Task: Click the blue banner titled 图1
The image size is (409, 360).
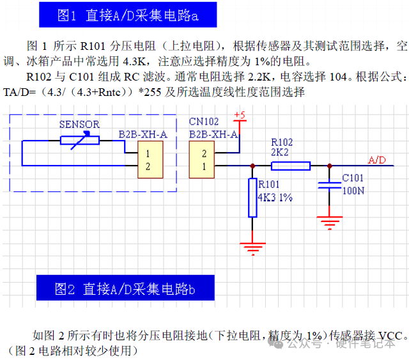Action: tap(128, 15)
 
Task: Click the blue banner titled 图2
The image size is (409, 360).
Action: tap(125, 288)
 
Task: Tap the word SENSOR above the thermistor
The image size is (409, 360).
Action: tap(79, 124)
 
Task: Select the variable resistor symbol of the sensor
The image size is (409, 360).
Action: tap(80, 140)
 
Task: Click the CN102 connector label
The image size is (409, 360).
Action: tap(204, 121)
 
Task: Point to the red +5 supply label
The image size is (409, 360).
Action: tap(240, 116)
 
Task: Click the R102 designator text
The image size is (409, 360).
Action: tap(282, 142)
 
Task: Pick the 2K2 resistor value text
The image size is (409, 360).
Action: tap(280, 152)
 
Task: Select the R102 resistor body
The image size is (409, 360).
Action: tap(291, 166)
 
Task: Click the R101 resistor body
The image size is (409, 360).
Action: tap(253, 198)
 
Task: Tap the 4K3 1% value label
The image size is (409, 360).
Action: tap(275, 198)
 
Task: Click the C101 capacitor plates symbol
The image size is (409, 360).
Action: tap(329, 185)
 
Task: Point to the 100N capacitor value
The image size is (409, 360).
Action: tap(353, 191)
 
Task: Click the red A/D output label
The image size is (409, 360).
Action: tap(377, 160)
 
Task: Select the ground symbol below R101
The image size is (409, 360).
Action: tap(253, 248)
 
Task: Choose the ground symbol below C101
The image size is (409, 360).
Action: tap(329, 223)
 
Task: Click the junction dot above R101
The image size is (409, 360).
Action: tap(253, 166)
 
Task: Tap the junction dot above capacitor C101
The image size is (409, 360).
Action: tap(329, 166)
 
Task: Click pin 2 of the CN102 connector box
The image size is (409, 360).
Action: tap(204, 154)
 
